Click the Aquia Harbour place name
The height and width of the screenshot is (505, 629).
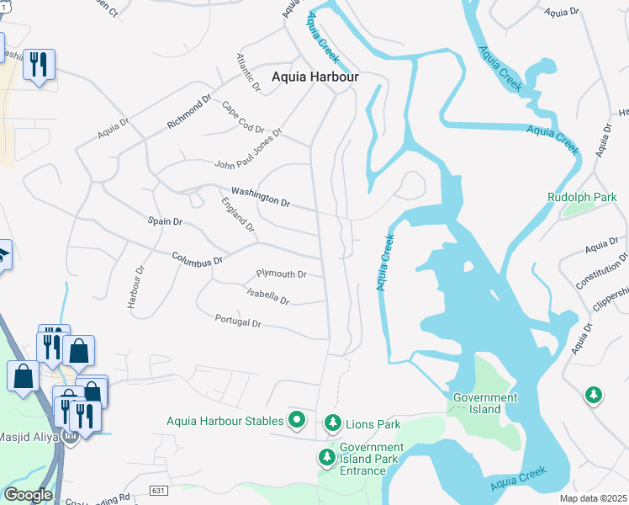click(314, 77)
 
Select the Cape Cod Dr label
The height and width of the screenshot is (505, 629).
click(242, 118)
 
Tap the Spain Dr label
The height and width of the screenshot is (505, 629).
click(166, 222)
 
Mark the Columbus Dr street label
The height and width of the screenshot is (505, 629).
click(197, 261)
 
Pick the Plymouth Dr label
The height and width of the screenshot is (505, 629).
click(281, 274)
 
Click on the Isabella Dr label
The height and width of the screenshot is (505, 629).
click(268, 295)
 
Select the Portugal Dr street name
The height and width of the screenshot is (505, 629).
click(238, 322)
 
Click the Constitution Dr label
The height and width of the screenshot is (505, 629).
click(602, 270)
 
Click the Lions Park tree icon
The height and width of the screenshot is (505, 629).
click(333, 421)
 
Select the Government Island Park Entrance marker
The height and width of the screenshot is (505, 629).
click(326, 458)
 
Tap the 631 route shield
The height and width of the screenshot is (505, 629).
click(159, 490)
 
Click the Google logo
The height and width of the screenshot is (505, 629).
click(28, 495)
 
